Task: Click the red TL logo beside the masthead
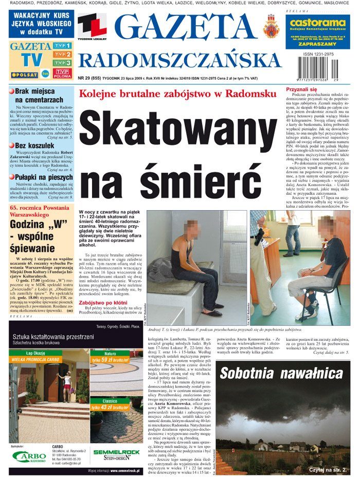[92, 26]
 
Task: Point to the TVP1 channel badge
[62, 46]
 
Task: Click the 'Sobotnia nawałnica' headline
[282, 373]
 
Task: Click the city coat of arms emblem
[270, 25]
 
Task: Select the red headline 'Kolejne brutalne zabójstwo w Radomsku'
[177, 94]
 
